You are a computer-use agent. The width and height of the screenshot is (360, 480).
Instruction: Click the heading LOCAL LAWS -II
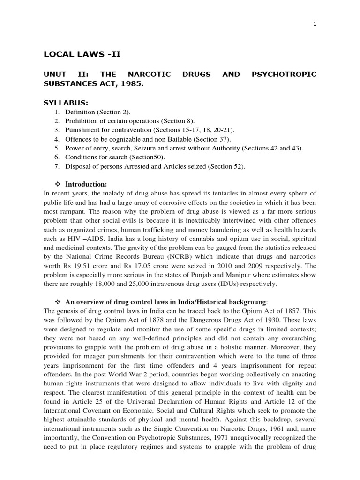coord(82,54)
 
